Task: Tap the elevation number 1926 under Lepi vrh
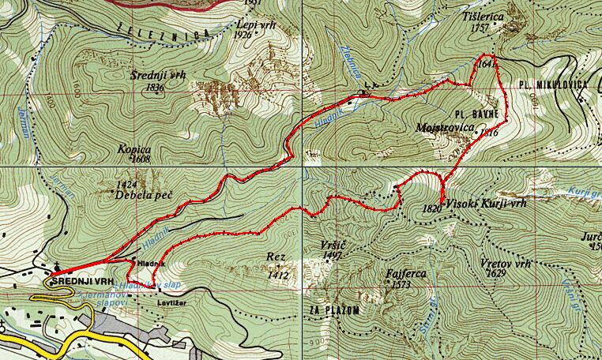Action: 243,35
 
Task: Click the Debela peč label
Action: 143,194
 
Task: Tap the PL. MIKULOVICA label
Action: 554,83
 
